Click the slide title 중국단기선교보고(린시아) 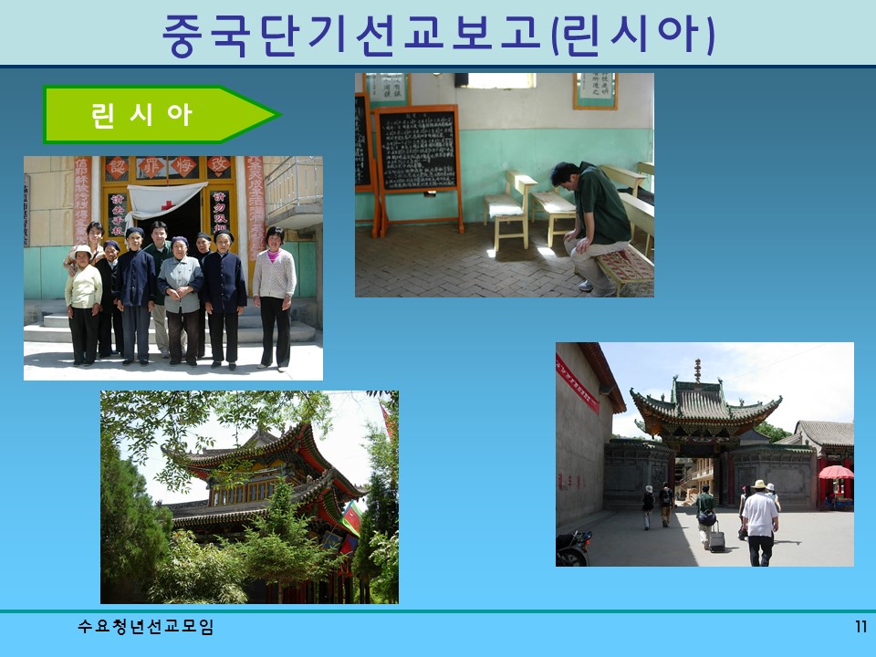pos(438,34)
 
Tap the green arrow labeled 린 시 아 pos(155,115)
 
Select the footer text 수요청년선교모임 pos(146,627)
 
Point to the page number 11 pos(860,627)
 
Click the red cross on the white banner pos(168,204)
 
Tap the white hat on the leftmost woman pos(82,250)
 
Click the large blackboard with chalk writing pos(418,151)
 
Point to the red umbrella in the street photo pos(836,473)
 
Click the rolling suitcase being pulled pos(717,539)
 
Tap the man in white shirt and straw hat pos(759,520)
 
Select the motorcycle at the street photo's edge pos(573,547)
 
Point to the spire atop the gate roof pos(698,370)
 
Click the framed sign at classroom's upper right pos(595,89)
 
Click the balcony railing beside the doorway pos(293,188)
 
